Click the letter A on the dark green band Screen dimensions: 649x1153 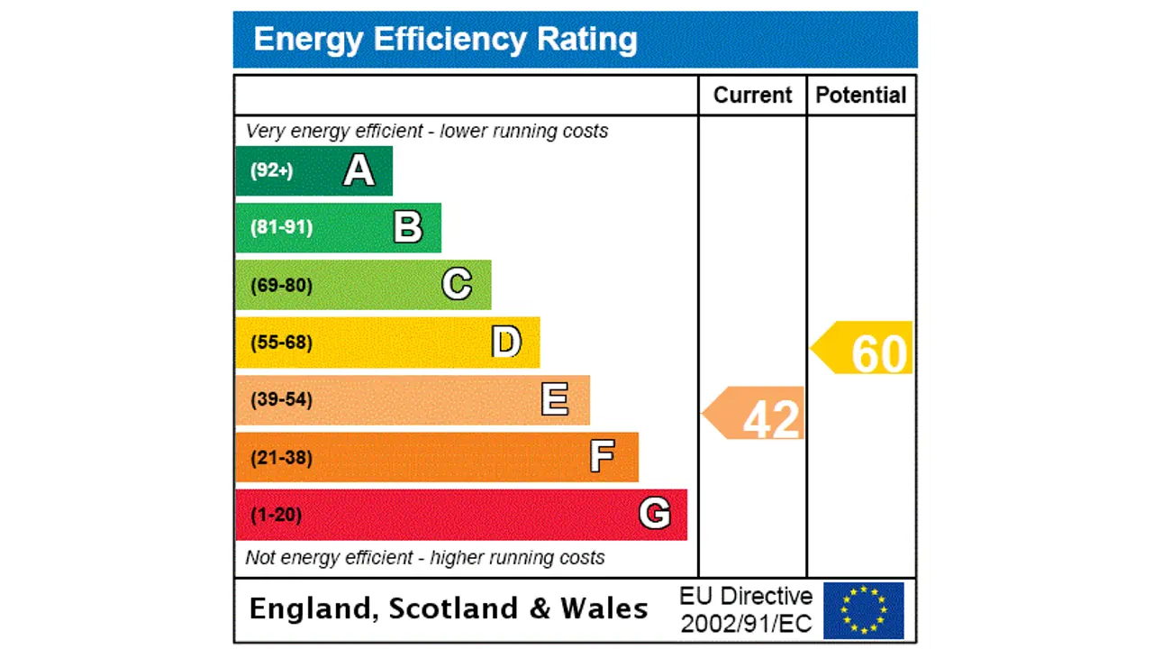pyautogui.click(x=359, y=170)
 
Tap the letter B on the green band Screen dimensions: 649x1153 pyautogui.click(x=408, y=227)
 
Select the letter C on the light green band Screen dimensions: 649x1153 pyautogui.click(x=457, y=285)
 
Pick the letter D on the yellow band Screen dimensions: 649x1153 pyautogui.click(x=506, y=343)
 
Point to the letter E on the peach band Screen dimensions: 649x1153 pyautogui.click(x=555, y=399)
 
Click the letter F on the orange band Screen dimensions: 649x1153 pyautogui.click(x=603, y=457)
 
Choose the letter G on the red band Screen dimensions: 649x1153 pyautogui.click(x=655, y=514)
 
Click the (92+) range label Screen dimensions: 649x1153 pyautogui.click(x=271, y=170)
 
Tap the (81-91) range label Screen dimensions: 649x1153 pyautogui.click(x=281, y=227)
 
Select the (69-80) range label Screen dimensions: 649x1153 pyautogui.click(x=281, y=286)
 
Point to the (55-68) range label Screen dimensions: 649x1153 pyautogui.click(x=281, y=343)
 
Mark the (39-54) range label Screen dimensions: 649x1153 pyautogui.click(x=281, y=399)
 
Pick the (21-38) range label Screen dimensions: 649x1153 pyautogui.click(x=281, y=458)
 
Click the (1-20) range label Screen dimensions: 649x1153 pyautogui.click(x=276, y=515)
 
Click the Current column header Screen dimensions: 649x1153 pyautogui.click(x=752, y=96)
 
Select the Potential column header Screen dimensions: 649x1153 pyautogui.click(x=861, y=96)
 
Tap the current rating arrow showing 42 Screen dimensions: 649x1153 pyautogui.click(x=756, y=414)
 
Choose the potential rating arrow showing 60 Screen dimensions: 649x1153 pyautogui.click(x=864, y=349)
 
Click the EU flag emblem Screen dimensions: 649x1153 pyautogui.click(x=863, y=610)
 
